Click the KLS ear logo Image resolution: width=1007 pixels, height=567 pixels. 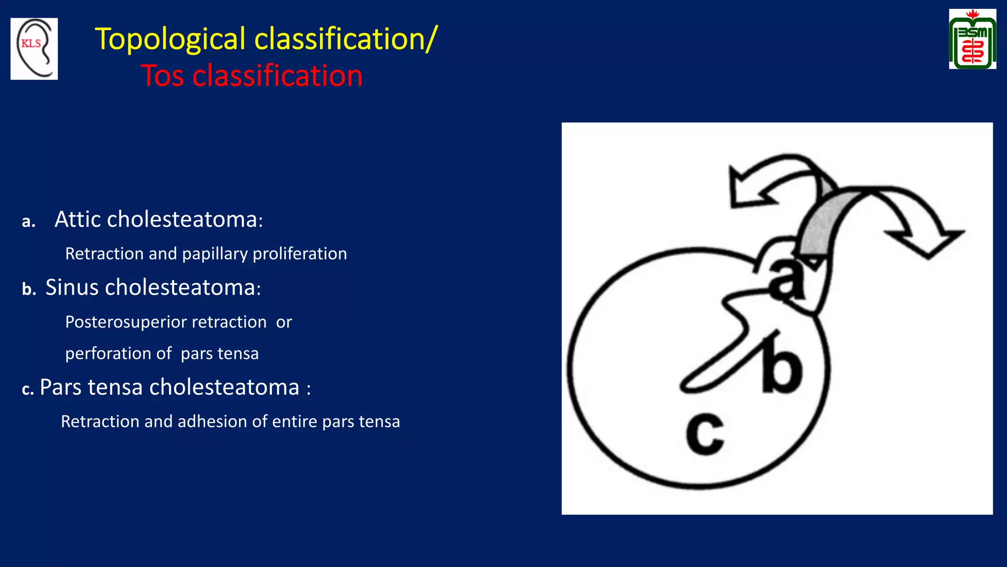click(34, 49)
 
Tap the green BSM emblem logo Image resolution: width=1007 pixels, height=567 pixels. click(972, 39)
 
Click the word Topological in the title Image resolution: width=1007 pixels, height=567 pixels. click(170, 39)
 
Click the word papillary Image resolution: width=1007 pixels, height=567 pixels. click(215, 254)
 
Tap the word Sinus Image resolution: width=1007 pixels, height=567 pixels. click(72, 287)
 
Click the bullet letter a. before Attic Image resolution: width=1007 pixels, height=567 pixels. click(29, 221)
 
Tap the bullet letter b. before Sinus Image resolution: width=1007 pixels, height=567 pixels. click(29, 289)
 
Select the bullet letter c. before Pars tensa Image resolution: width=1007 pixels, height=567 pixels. click(28, 389)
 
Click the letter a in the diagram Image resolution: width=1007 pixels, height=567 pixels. click(787, 280)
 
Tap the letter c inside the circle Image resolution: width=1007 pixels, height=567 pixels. click(705, 434)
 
